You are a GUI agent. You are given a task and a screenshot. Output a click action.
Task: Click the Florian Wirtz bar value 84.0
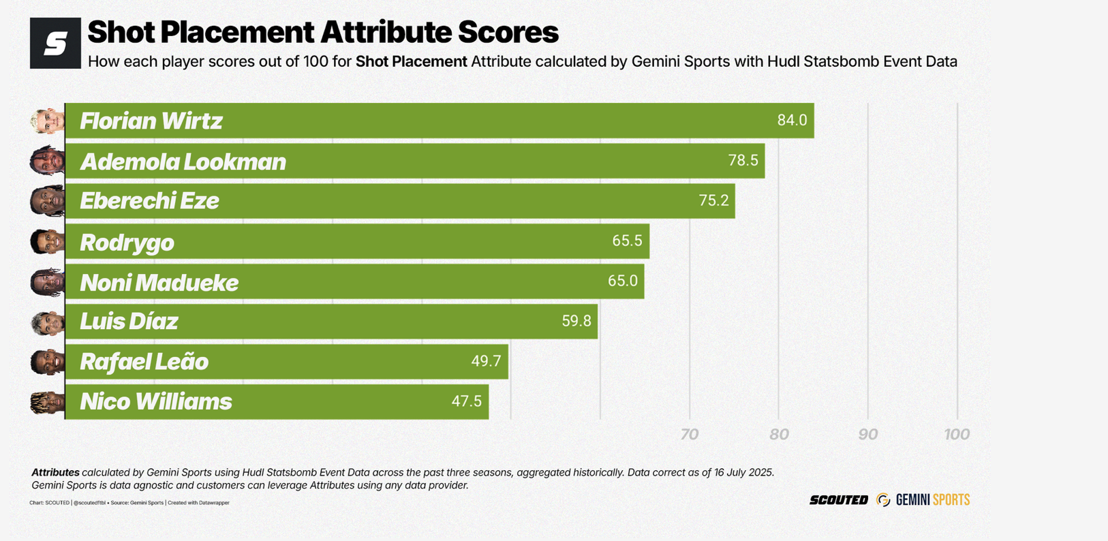pyautogui.click(x=792, y=121)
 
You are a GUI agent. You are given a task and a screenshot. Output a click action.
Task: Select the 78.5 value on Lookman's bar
pyautogui.click(x=743, y=161)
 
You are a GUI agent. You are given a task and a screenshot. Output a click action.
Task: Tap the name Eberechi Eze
pyautogui.click(x=149, y=201)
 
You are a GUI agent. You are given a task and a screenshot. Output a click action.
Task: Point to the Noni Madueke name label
pyautogui.click(x=159, y=282)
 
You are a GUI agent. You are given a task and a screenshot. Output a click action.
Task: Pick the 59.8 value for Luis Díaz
pyautogui.click(x=576, y=321)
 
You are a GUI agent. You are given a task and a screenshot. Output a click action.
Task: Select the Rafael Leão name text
pyautogui.click(x=144, y=362)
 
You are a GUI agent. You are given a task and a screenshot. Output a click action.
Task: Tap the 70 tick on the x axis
pyautogui.click(x=689, y=435)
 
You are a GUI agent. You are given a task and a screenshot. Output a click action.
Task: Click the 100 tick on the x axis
pyautogui.click(x=957, y=435)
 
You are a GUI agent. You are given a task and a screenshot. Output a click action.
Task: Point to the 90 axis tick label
pyautogui.click(x=867, y=435)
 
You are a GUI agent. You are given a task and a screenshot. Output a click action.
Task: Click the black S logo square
pyautogui.click(x=55, y=44)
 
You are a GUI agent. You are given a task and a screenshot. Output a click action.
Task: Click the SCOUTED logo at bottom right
pyautogui.click(x=838, y=500)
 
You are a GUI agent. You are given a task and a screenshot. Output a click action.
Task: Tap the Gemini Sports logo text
pyautogui.click(x=932, y=500)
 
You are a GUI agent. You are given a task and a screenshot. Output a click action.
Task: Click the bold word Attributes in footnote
pyautogui.click(x=55, y=472)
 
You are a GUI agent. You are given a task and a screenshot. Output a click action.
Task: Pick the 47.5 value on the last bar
pyautogui.click(x=466, y=401)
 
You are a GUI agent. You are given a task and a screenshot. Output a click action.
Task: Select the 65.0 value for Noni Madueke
pyautogui.click(x=623, y=281)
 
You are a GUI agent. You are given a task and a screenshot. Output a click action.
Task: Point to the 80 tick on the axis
pyautogui.click(x=779, y=435)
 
